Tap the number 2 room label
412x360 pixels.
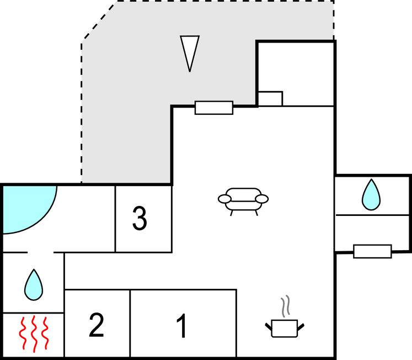tap(96, 325)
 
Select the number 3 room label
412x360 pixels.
tap(140, 219)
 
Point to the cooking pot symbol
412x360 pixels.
tap(284, 327)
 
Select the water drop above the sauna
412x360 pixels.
tap(34, 284)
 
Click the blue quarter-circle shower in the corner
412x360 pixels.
tap(25, 207)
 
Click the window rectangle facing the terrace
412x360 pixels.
tap(214, 108)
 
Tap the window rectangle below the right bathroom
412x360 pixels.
tap(372, 251)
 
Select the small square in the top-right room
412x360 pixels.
tap(270, 99)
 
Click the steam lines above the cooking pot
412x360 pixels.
tap(285, 307)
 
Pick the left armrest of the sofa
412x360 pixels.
tap(225, 198)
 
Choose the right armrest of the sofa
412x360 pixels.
tap(262, 198)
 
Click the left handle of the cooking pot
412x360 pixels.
tap(268, 326)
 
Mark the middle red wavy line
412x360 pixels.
tap(34, 333)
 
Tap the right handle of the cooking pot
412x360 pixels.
tap(301, 326)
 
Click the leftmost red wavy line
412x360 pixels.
tap(23, 333)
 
